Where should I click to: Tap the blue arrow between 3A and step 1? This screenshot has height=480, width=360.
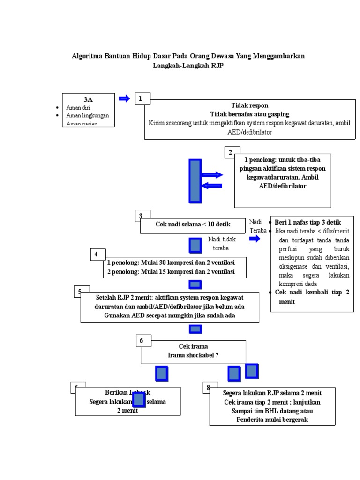click(x=124, y=98)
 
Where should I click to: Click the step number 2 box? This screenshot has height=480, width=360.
click(x=230, y=153)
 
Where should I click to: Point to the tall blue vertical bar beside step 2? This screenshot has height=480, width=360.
click(x=195, y=180)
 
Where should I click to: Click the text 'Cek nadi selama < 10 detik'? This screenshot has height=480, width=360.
click(x=192, y=225)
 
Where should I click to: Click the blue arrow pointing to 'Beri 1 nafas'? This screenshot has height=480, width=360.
click(x=255, y=239)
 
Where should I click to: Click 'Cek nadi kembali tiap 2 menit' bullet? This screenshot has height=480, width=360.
click(x=312, y=297)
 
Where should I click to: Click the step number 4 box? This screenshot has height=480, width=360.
click(x=97, y=255)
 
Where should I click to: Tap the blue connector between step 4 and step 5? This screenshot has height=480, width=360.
click(x=195, y=285)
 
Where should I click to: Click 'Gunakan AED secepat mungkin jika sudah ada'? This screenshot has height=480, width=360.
click(x=170, y=315)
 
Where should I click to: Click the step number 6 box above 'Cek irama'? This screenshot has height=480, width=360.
click(x=142, y=341)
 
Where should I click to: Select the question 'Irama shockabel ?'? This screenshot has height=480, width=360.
click(x=193, y=355)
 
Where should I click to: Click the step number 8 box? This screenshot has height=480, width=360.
click(x=209, y=387)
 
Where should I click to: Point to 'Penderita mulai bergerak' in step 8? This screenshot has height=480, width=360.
click(x=272, y=420)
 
